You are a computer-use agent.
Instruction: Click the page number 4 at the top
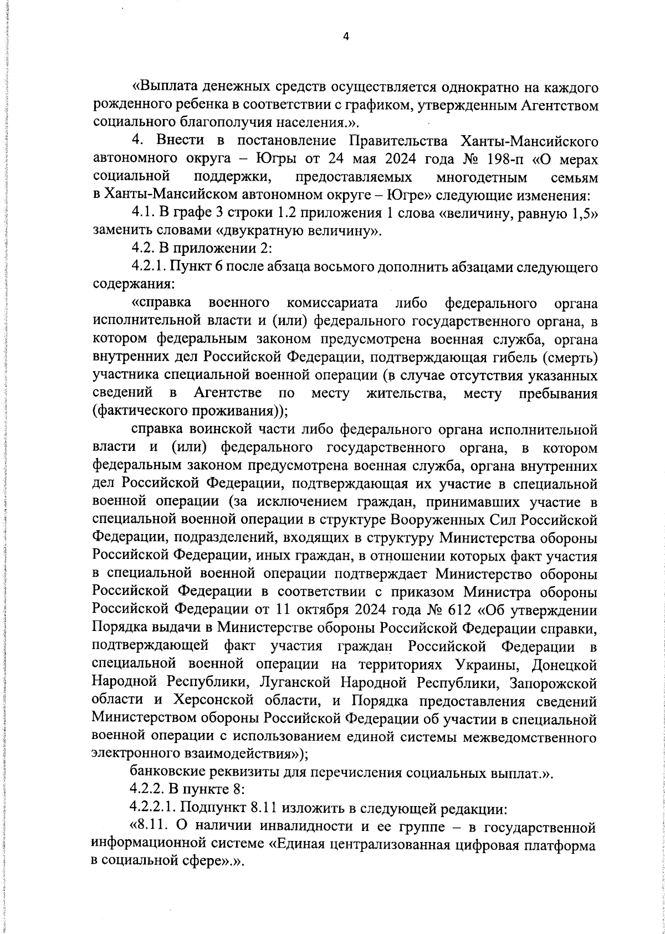click(x=346, y=37)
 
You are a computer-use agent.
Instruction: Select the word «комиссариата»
click(x=333, y=303)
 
